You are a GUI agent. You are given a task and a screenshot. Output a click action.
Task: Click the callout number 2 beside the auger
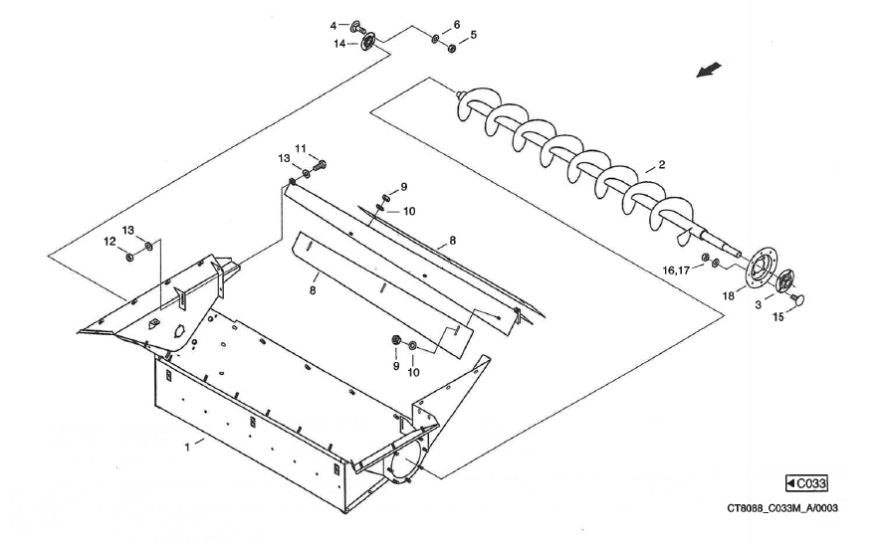point(661,164)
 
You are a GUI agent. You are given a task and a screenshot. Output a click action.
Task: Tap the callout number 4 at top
point(333,25)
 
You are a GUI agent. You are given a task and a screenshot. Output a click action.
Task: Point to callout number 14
point(339,43)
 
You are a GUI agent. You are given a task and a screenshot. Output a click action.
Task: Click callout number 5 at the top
point(473,35)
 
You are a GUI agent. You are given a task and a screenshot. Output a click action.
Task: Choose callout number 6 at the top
point(457,24)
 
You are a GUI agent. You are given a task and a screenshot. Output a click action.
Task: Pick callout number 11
point(300,149)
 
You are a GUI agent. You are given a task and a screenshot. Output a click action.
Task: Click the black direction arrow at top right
point(708,71)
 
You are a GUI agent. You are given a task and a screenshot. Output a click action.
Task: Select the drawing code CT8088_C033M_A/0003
point(781,509)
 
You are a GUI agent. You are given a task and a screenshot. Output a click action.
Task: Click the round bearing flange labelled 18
point(762,270)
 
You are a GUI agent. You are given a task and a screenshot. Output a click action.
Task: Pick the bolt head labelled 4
point(356,25)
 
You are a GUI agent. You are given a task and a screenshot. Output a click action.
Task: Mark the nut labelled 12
point(130,256)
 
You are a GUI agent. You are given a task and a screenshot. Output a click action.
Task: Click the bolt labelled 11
point(321,163)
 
